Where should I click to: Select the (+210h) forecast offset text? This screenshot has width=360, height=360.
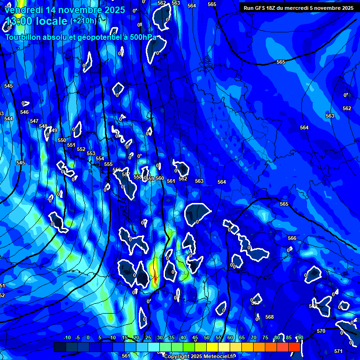click(x=83, y=21)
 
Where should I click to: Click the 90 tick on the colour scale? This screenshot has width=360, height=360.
click(x=300, y=337)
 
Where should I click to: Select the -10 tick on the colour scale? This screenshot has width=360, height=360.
click(x=66, y=337)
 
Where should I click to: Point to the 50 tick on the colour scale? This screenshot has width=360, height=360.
click(x=207, y=337)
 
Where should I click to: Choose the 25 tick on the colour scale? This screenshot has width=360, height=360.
click(x=148, y=337)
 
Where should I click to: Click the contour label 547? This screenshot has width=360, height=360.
click(x=34, y=121)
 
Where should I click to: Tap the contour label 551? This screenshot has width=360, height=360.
click(x=71, y=145)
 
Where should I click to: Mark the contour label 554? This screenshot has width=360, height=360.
click(x=100, y=158)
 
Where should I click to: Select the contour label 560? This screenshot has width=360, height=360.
click(x=160, y=178)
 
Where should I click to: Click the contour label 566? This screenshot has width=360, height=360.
click(x=292, y=238)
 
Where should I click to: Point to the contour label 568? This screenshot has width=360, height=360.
click(x=270, y=317)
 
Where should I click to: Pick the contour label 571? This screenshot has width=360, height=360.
click(x=338, y=351)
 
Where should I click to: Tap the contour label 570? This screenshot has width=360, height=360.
click(x=321, y=331)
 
